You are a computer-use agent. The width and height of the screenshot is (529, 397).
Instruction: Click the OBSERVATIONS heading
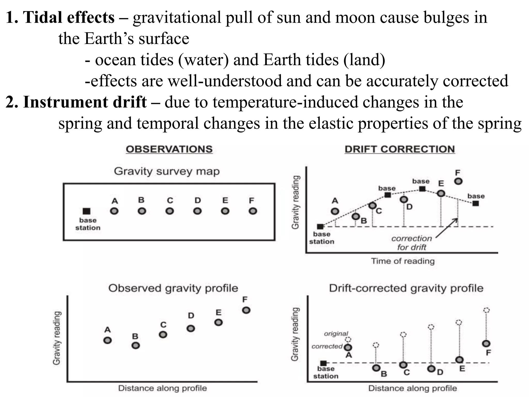pyautogui.click(x=169, y=149)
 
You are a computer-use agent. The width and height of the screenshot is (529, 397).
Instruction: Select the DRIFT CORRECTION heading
pyautogui.click(x=400, y=149)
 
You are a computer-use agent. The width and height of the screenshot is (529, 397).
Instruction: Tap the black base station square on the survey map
pyautogui.click(x=87, y=211)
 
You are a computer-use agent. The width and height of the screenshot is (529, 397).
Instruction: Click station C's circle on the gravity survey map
pyautogui.click(x=170, y=211)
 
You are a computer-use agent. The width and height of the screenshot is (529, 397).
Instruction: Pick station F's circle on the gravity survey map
pyautogui.click(x=253, y=211)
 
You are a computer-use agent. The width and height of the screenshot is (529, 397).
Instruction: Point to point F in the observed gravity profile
pyautogui.click(x=246, y=310)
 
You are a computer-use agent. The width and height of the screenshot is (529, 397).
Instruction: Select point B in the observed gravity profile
pyautogui.click(x=136, y=345)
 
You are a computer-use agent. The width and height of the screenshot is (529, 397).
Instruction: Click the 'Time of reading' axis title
pyautogui.click(x=403, y=261)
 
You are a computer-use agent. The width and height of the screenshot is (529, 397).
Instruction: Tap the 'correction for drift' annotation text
pyautogui.click(x=411, y=243)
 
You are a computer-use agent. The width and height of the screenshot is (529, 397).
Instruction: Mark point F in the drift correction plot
pyautogui.click(x=458, y=181)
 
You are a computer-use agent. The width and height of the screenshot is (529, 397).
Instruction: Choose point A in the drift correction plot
pyautogui.click(x=335, y=211)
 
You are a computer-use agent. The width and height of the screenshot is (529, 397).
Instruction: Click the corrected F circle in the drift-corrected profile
pyautogui.click(x=486, y=343)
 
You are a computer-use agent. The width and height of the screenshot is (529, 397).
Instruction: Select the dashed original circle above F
pyautogui.click(x=486, y=310)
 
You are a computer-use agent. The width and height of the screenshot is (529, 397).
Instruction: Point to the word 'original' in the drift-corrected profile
pyautogui.click(x=336, y=334)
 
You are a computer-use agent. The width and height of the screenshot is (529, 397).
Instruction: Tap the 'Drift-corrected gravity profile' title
pyautogui.click(x=406, y=288)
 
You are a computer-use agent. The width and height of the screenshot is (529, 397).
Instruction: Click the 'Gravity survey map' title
pyautogui.click(x=167, y=171)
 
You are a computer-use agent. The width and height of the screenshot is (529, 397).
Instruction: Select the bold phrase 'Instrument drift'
pyautogui.click(x=85, y=102)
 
